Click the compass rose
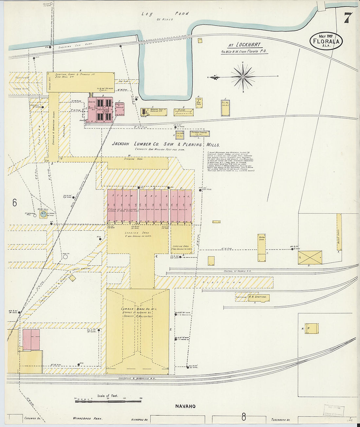click(243, 77)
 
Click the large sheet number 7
click(348, 18)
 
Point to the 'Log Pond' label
click(165, 14)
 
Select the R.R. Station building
click(259, 297)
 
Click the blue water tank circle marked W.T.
click(43, 215)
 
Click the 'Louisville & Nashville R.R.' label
click(137, 378)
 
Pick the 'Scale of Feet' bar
click(108, 400)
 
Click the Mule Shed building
click(339, 232)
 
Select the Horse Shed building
click(261, 248)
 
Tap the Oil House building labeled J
click(225, 108)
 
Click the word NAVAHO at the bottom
click(185, 406)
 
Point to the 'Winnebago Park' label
click(88, 418)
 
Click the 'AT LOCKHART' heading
click(244, 45)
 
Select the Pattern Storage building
click(199, 133)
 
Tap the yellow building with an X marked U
click(310, 258)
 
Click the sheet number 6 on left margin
click(15, 203)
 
